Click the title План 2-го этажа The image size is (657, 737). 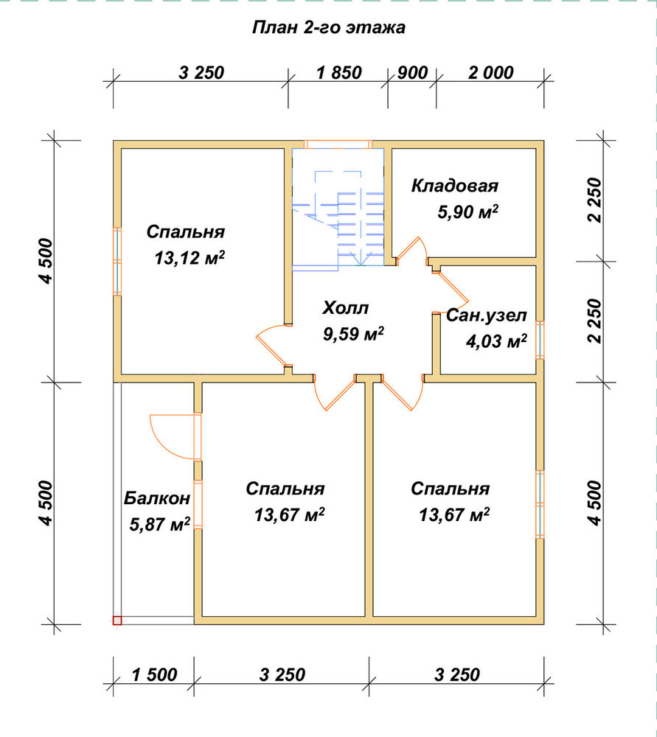coord(328,27)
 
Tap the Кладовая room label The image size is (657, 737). coord(455,186)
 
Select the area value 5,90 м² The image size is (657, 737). coord(468,212)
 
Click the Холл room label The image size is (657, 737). coord(346,308)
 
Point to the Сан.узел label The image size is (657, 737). coord(486,315)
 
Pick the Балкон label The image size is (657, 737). coord(157,498)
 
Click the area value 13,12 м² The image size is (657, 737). coord(190,257)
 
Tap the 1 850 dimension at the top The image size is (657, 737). coord(339,73)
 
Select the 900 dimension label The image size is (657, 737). coord(412,73)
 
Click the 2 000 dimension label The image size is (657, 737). coord(490,73)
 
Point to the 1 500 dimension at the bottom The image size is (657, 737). coord(154,675)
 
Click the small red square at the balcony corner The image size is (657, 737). coord(117,621)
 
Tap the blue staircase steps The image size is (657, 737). coord(338,219)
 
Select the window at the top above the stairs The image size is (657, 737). coord(338,144)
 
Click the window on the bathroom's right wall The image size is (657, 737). coord(540,340)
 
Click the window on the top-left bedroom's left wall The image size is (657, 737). coord(117,262)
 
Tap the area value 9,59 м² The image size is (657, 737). coord(353,334)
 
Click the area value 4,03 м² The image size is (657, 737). coord(496,340)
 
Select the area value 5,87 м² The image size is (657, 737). coord(159,524)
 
